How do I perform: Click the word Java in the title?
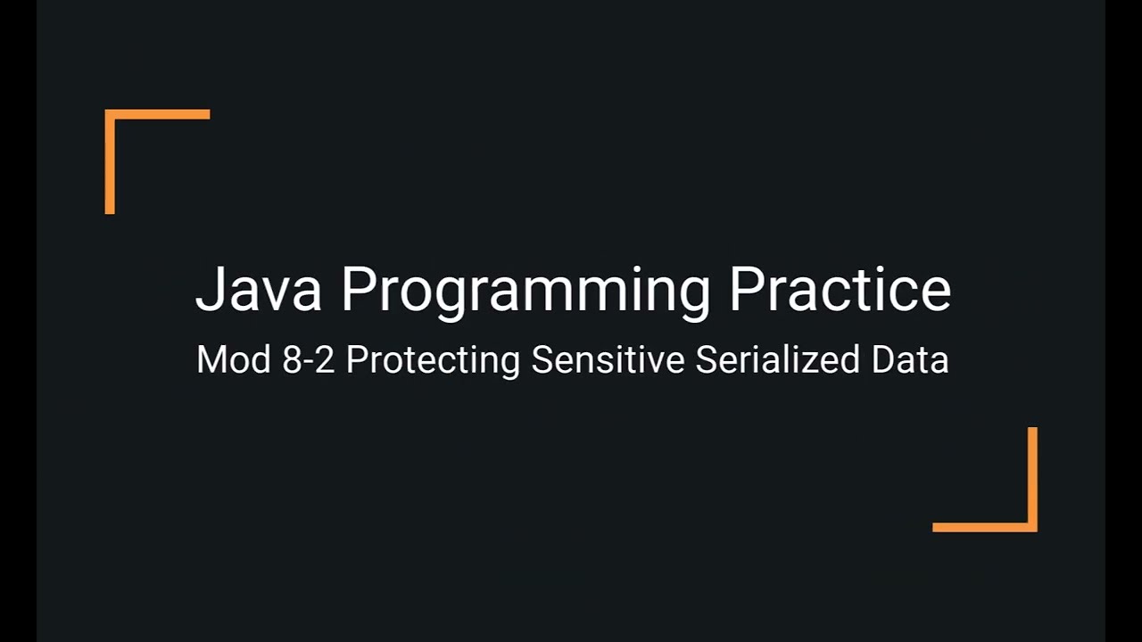(x=258, y=289)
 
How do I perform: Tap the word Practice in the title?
(x=840, y=289)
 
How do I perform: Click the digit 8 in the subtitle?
(x=292, y=360)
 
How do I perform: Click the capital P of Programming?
(x=357, y=289)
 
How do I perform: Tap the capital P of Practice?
(x=747, y=289)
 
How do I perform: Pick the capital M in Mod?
(x=211, y=360)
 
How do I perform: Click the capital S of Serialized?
(x=706, y=360)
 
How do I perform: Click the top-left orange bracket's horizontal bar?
(x=158, y=114)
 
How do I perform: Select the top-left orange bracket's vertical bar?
(x=110, y=162)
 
